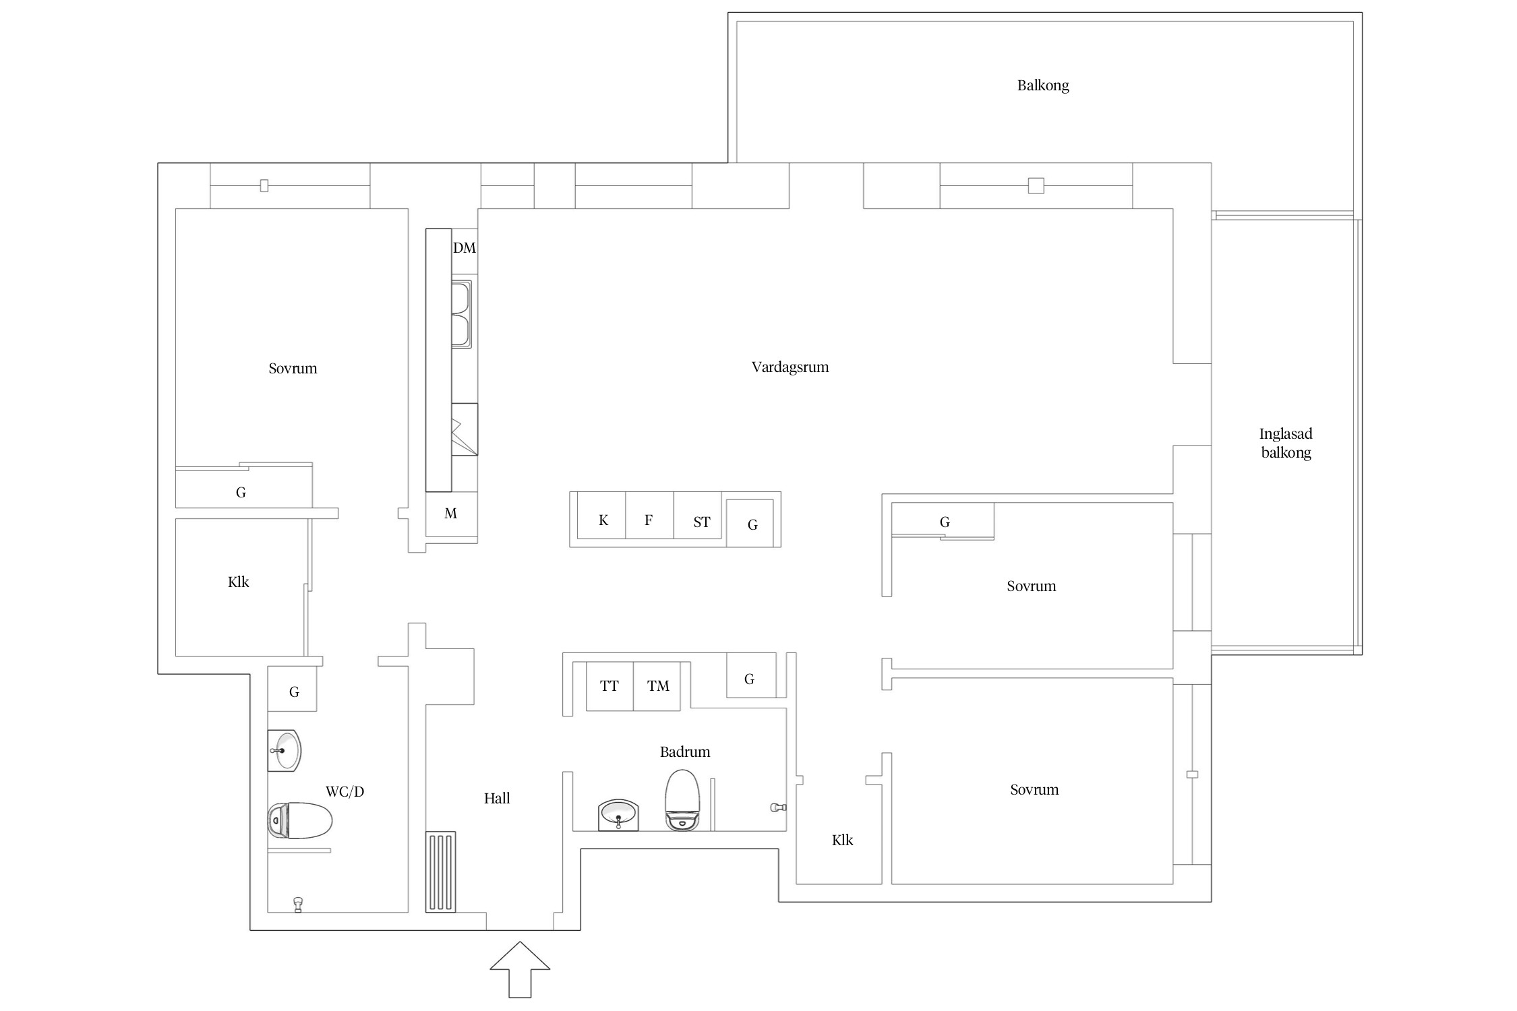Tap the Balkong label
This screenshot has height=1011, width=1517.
coord(1043,86)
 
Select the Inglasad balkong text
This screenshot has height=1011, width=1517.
coord(1286,443)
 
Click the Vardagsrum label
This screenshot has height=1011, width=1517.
coord(790,367)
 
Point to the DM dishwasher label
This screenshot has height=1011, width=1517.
coord(465,248)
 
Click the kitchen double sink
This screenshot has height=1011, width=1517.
coord(462,314)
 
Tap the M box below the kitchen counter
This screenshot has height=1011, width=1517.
coord(452,514)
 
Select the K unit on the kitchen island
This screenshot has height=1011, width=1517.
coord(601,516)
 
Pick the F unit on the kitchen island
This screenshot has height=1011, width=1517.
coord(649,516)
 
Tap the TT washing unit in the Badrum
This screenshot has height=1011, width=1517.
coord(609,686)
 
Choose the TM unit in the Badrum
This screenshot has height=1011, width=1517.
coord(657,686)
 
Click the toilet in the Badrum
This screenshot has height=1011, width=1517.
coord(684,799)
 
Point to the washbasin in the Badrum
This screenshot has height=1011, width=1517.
coord(618,815)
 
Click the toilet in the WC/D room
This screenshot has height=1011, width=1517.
coord(300,820)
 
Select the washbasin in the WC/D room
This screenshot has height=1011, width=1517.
coord(284,750)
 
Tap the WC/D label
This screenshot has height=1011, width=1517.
coord(345,792)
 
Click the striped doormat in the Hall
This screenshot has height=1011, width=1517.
coord(440,872)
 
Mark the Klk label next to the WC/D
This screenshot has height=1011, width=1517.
coord(239,582)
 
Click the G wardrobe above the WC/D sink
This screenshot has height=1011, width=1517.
coord(293,689)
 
